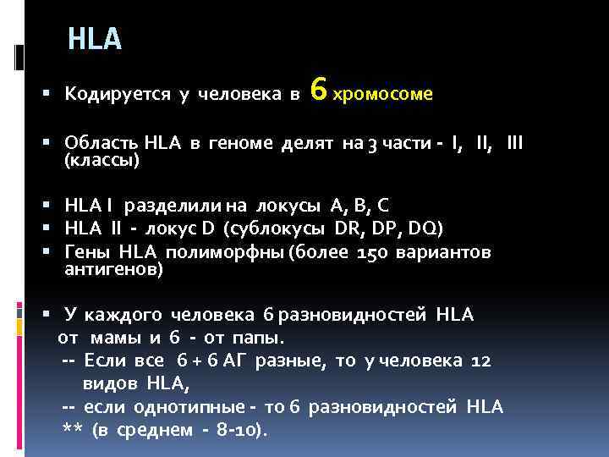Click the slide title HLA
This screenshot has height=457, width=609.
(95, 39)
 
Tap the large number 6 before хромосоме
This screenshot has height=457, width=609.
(318, 88)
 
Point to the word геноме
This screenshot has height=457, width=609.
(239, 144)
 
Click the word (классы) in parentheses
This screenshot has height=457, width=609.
(102, 159)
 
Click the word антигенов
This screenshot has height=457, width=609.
(113, 270)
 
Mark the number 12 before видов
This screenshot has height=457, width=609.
(480, 361)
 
